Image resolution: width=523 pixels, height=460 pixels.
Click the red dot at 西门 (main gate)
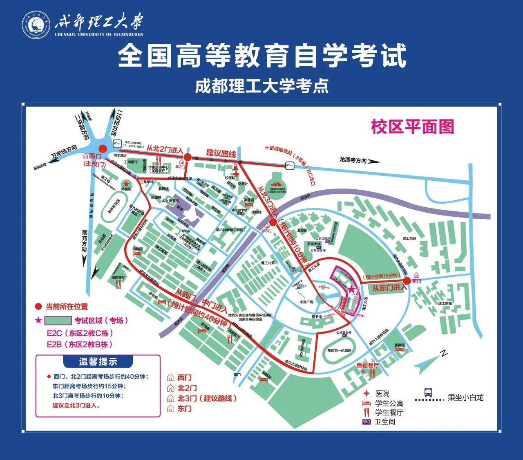click(103, 149)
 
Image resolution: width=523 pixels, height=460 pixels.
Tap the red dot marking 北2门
click(187, 157)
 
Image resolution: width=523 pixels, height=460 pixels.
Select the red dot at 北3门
click(273, 222)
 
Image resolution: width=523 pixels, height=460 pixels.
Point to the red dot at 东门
click(407, 280)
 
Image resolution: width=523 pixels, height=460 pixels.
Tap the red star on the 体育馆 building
click(127, 184)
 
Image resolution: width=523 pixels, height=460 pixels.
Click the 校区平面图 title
click(412, 127)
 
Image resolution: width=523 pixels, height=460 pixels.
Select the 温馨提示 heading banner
click(98, 361)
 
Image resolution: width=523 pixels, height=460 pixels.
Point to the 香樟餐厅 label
click(367, 365)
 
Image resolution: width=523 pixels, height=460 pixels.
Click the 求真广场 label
click(306, 302)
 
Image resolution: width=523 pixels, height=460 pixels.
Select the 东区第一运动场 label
click(339, 350)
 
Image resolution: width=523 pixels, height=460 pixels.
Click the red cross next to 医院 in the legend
click(367, 393)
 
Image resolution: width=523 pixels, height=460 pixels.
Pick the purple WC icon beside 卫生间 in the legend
click(367, 422)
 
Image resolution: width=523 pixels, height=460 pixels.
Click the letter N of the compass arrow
click(444, 354)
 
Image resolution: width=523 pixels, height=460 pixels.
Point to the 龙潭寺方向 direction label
click(353, 160)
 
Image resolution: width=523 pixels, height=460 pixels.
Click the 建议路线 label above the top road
click(221, 153)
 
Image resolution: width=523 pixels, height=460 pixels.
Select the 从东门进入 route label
click(389, 288)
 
